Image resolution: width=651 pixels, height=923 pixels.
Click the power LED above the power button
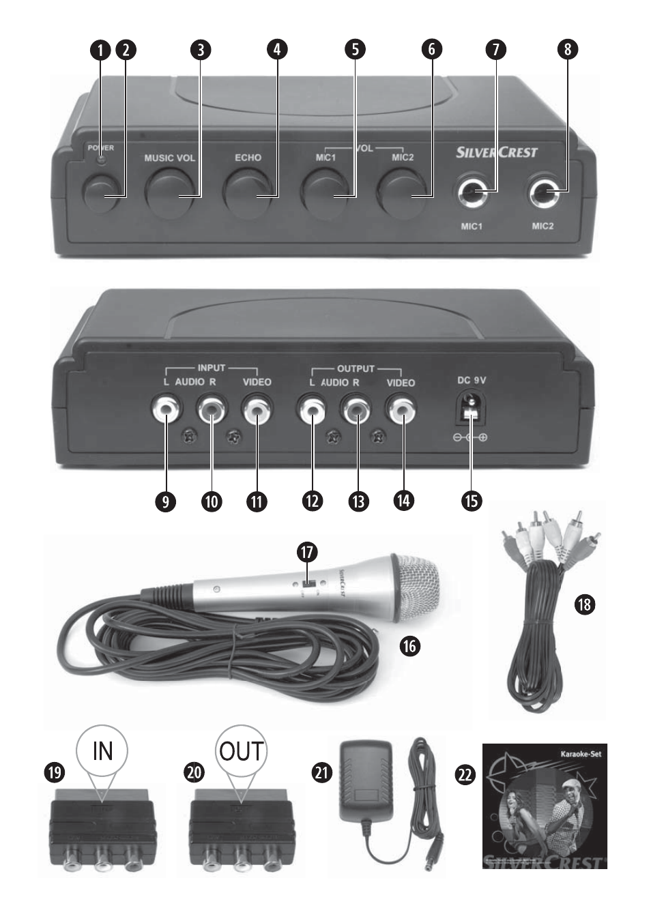(x=100, y=160)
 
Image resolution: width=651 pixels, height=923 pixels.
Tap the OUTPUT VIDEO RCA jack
(x=401, y=411)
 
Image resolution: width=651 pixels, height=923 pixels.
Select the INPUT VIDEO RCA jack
(x=257, y=411)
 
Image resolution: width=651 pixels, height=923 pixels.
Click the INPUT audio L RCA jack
(x=167, y=411)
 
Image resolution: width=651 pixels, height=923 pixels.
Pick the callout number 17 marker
(x=308, y=551)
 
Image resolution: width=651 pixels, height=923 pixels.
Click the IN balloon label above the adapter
(x=102, y=751)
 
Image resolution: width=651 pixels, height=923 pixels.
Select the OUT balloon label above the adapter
(x=241, y=751)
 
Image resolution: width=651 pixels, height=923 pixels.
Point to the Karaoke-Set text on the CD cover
(x=582, y=754)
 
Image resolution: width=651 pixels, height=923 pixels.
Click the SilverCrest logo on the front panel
(x=496, y=152)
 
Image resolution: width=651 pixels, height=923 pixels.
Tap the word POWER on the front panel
(x=100, y=147)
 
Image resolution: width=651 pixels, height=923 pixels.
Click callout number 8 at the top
(x=567, y=49)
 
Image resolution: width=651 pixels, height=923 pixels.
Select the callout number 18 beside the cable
(x=584, y=604)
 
